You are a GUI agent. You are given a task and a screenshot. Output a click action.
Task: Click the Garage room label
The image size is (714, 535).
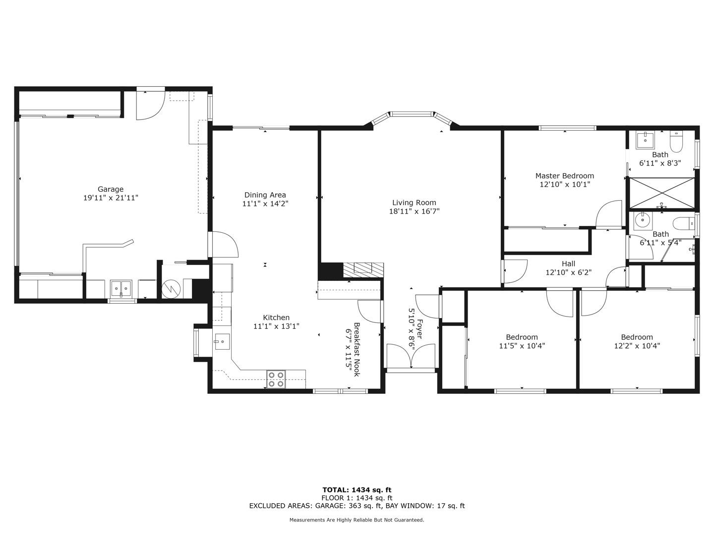click(110, 189)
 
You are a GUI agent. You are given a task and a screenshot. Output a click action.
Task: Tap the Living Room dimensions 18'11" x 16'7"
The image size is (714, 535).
click(414, 211)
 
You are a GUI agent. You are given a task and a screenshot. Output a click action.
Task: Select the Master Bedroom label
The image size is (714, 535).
click(564, 176)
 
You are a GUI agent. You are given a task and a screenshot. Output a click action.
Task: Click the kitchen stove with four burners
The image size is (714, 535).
click(276, 379)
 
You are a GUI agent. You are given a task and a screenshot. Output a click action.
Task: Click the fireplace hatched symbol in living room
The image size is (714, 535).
click(363, 269)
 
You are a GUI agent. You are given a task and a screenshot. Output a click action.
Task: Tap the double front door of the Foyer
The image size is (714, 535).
click(411, 356)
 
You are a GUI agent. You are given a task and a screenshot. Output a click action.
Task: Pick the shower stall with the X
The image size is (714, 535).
click(661, 193)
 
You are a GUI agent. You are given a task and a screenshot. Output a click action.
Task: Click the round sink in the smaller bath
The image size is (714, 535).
click(644, 219)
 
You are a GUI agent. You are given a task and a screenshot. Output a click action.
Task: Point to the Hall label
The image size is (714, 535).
click(568, 264)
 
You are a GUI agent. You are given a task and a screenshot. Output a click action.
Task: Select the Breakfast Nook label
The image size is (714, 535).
click(356, 350)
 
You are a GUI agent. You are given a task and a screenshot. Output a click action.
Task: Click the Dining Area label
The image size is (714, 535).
click(265, 195)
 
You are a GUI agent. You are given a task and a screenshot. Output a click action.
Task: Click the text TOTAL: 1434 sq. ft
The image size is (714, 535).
click(357, 490)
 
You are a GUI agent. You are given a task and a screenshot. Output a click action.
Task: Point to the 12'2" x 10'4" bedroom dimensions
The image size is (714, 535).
click(637, 346)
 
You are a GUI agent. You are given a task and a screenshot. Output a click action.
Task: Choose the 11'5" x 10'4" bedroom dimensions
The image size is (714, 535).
click(522, 346)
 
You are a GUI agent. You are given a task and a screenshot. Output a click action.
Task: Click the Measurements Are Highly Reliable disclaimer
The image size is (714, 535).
click(357, 520)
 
